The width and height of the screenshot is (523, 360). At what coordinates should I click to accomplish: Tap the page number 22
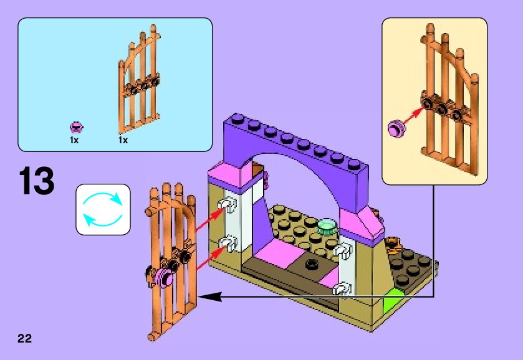pyautogui.click(x=24, y=338)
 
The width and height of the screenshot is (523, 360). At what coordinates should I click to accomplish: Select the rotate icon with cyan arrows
pyautogui.click(x=103, y=209)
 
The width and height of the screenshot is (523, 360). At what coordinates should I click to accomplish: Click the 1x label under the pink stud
pyautogui.click(x=74, y=140)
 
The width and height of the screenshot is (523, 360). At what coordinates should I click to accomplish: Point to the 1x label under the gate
pyautogui.click(x=123, y=140)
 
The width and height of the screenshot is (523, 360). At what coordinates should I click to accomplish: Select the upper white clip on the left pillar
pyautogui.click(x=228, y=205)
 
